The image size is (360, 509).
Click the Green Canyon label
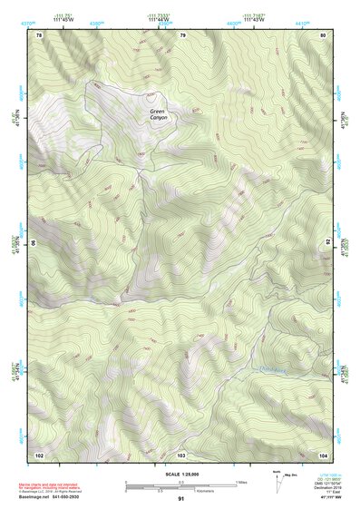(160, 114)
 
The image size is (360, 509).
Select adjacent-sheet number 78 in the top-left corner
(39, 34)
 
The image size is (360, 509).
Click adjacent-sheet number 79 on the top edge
(182, 34)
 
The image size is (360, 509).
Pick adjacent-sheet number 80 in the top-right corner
(323, 34)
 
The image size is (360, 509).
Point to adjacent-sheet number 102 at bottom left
(39, 454)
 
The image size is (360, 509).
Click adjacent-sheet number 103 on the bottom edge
(181, 454)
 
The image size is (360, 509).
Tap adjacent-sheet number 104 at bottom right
(323, 454)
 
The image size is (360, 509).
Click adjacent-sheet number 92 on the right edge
(327, 243)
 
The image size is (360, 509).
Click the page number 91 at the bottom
(181, 498)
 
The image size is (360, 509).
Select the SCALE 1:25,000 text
(180, 474)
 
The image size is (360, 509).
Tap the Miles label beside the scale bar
(242, 481)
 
